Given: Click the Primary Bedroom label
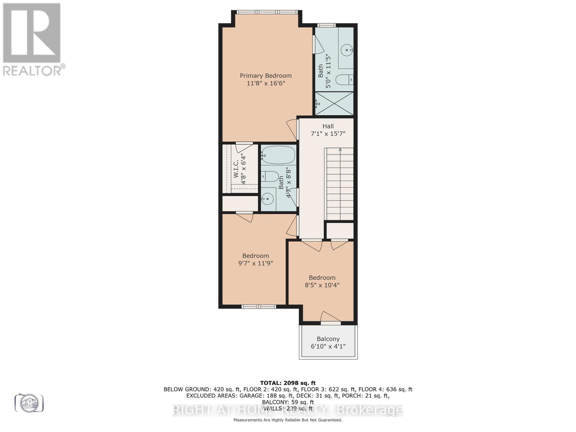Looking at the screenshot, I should (x=266, y=76).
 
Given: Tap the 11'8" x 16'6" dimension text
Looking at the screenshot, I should (x=266, y=83).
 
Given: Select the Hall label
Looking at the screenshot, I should (x=328, y=126).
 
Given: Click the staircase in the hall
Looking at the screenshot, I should (x=339, y=184).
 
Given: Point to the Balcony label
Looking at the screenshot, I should (x=328, y=339).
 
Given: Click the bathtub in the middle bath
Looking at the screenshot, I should (x=278, y=155).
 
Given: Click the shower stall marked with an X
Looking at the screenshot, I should (x=334, y=103).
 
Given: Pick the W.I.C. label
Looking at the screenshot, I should (x=236, y=169).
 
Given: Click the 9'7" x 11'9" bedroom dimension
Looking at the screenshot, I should (x=256, y=263).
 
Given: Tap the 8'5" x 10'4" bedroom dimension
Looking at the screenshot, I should (x=322, y=285).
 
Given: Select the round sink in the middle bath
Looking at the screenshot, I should (x=267, y=198).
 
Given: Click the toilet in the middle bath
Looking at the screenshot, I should (x=270, y=176).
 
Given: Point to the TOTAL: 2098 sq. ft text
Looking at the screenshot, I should (x=288, y=383).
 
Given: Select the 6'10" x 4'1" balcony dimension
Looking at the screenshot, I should (x=328, y=346).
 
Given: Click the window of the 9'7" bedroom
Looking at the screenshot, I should (x=258, y=307).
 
